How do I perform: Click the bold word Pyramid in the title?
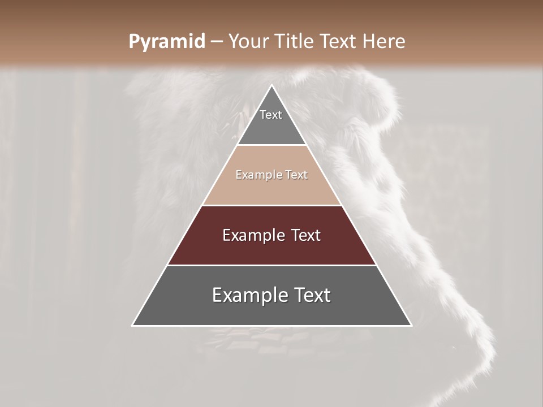166,42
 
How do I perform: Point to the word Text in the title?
338,41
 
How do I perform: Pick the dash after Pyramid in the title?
216,42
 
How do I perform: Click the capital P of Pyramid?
134,41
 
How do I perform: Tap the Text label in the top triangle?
271,115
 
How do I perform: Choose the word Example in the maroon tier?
252,235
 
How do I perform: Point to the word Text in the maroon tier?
306,235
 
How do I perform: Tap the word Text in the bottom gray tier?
313,295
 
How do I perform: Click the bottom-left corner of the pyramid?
132,326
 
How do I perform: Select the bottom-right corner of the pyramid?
411,326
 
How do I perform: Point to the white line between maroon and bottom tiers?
271,265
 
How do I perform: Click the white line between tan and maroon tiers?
271,205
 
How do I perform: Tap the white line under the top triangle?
271,145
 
